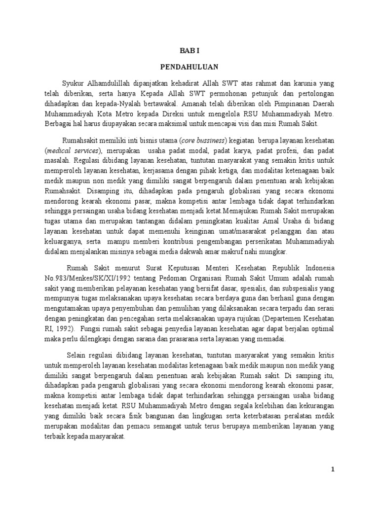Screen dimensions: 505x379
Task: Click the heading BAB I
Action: pyautogui.click(x=189, y=49)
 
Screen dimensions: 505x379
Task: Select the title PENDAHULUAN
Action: pyautogui.click(x=189, y=66)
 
